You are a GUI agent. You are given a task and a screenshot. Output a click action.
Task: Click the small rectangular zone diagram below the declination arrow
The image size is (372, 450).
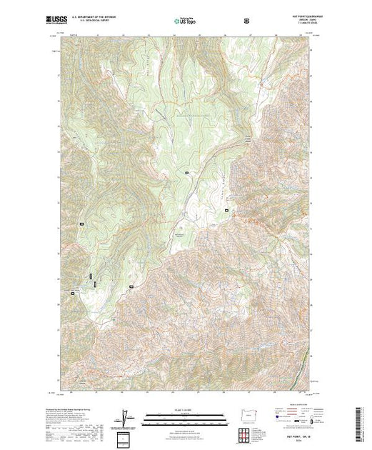[x=126, y=436]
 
